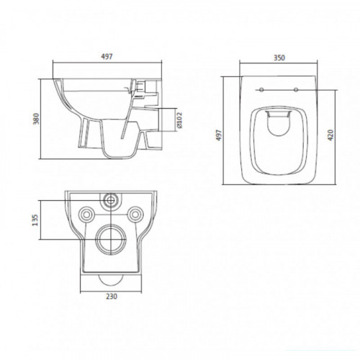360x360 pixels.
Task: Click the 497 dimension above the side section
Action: pyautogui.click(x=107, y=57)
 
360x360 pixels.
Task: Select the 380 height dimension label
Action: pyautogui.click(x=36, y=119)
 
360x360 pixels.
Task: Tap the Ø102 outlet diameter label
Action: pyautogui.click(x=179, y=120)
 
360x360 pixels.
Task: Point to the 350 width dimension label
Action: pyautogui.click(x=279, y=58)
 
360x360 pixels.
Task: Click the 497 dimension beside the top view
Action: pyautogui.click(x=219, y=135)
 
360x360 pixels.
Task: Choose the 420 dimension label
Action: pyautogui.click(x=330, y=135)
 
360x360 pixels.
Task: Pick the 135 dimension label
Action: pyautogui.click(x=35, y=220)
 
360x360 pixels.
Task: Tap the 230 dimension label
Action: pyautogui.click(x=112, y=297)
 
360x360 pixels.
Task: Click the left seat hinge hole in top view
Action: pyautogui.click(x=261, y=90)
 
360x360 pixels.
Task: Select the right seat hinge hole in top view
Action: pyautogui.click(x=296, y=90)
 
